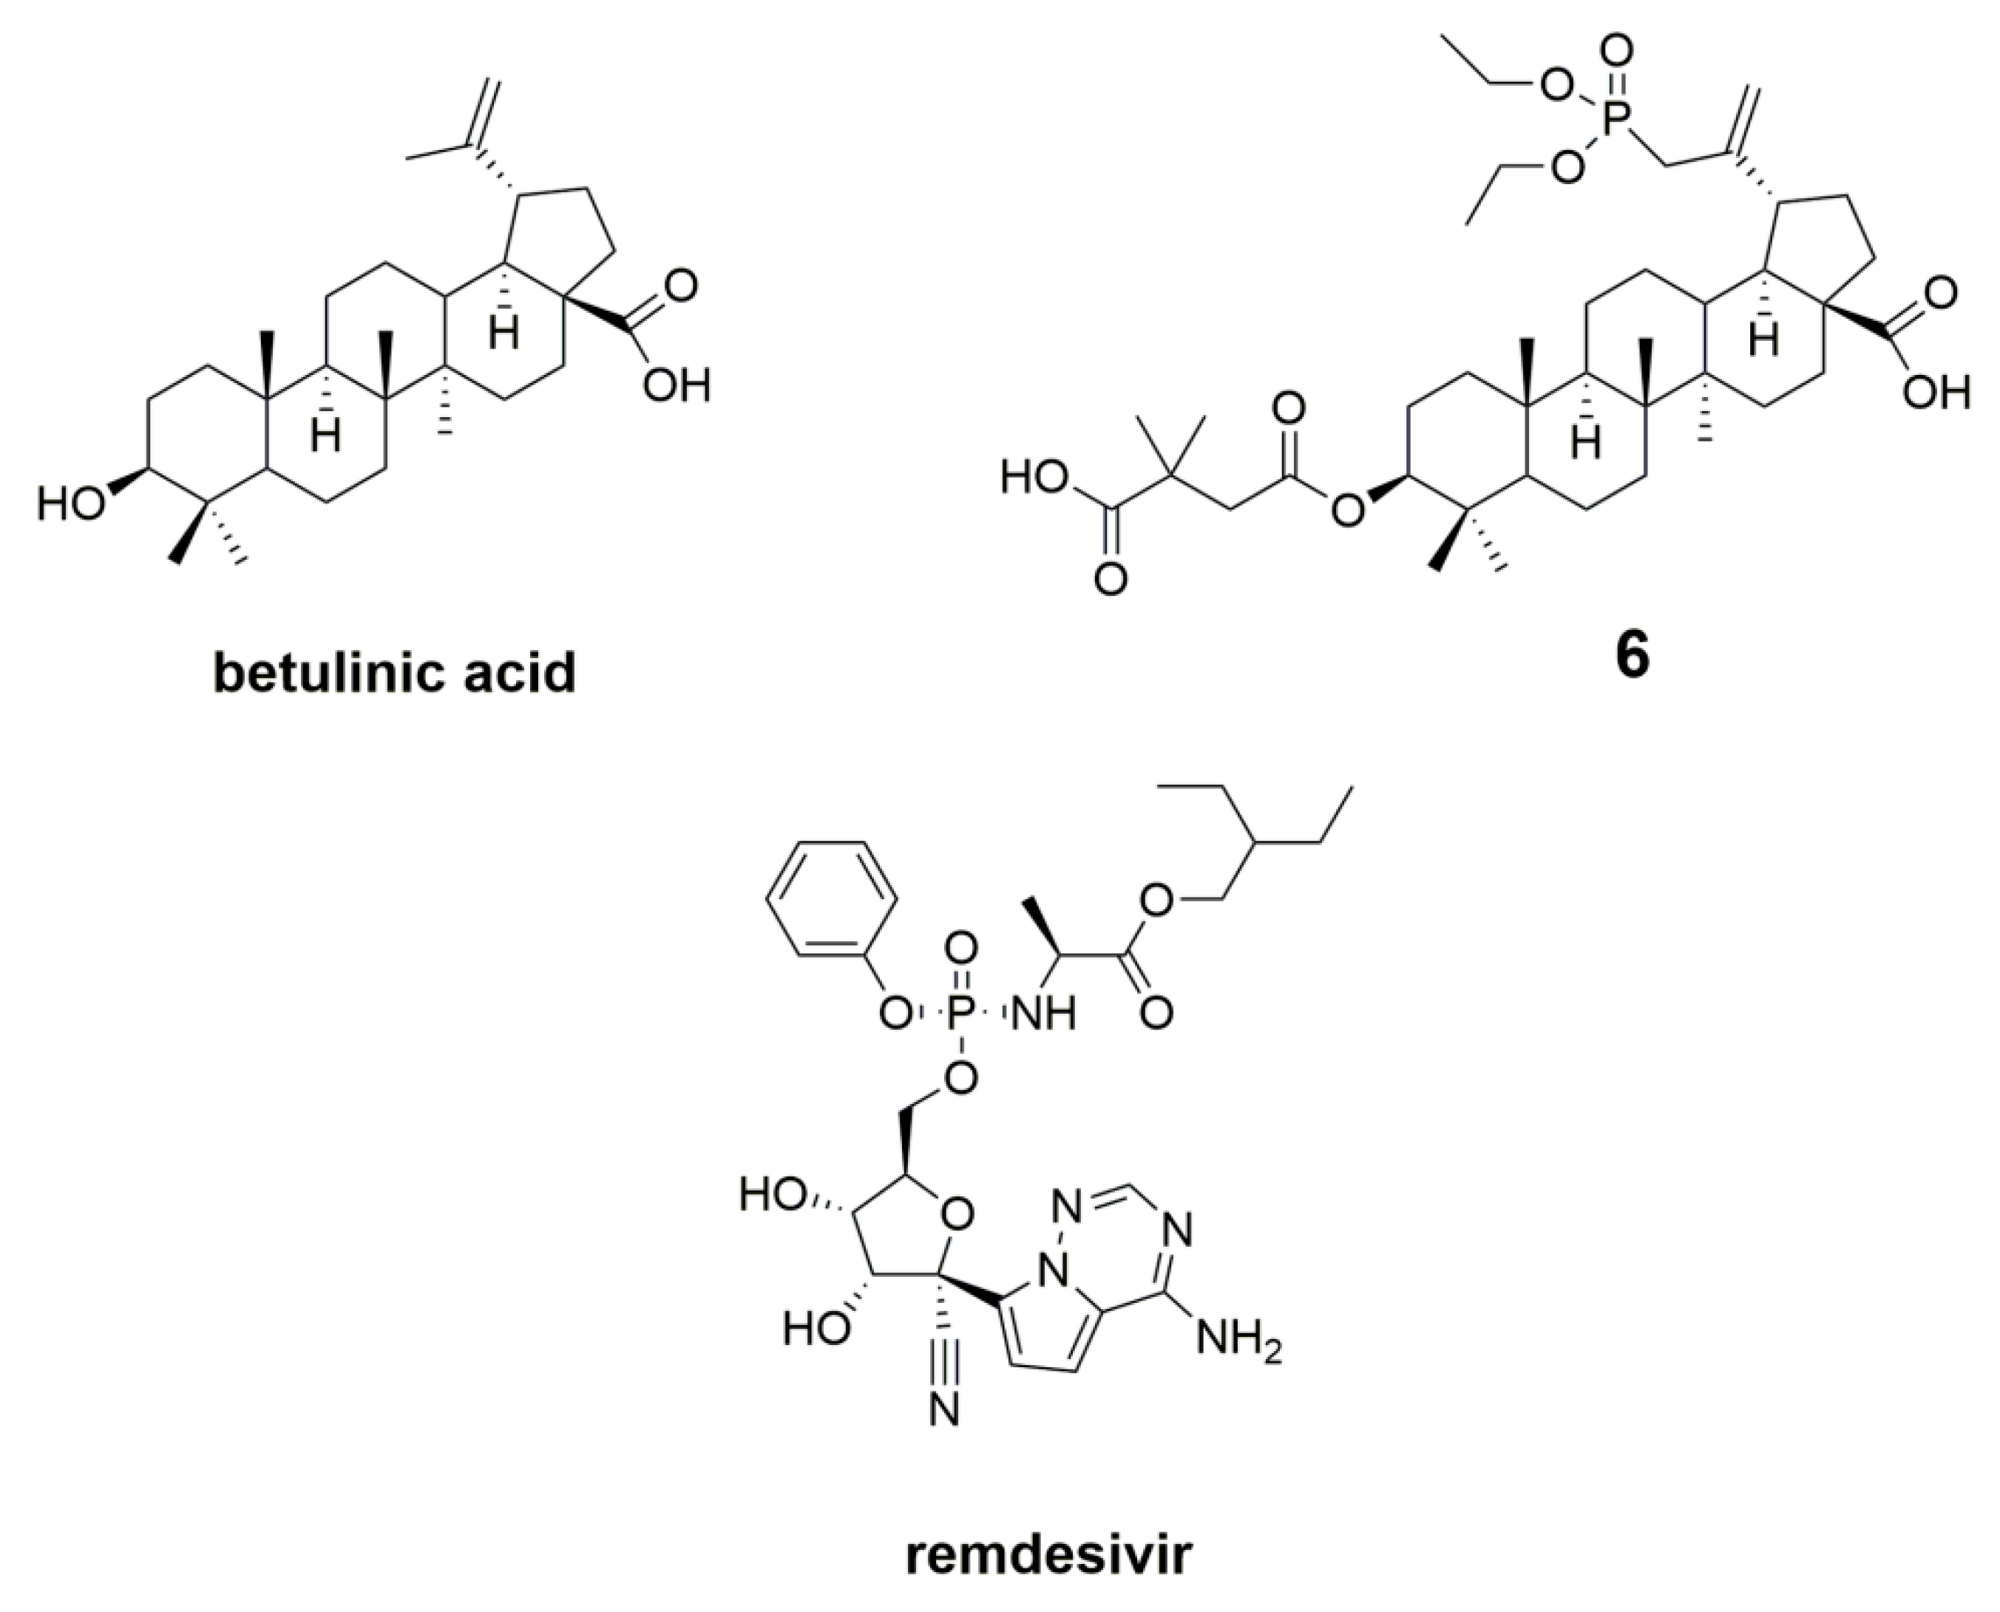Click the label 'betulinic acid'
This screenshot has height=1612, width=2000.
point(395,672)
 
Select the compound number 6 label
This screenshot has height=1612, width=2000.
point(1633,657)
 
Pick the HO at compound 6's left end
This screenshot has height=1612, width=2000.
point(1032,479)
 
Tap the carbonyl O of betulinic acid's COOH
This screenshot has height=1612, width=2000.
point(681,285)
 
